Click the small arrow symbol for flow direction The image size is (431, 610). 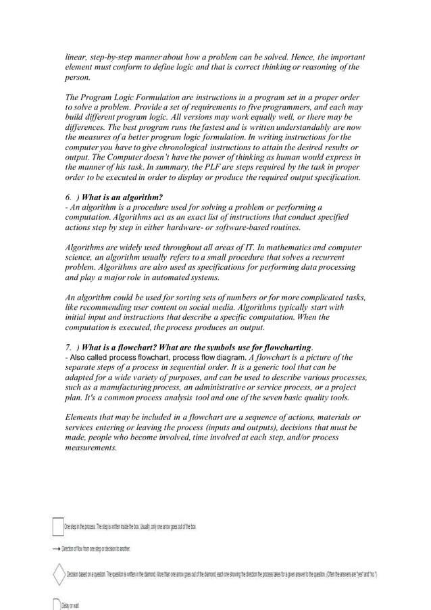coord(55,549)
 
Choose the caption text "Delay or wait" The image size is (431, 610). coord(72,605)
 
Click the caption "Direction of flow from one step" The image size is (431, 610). coord(95,549)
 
